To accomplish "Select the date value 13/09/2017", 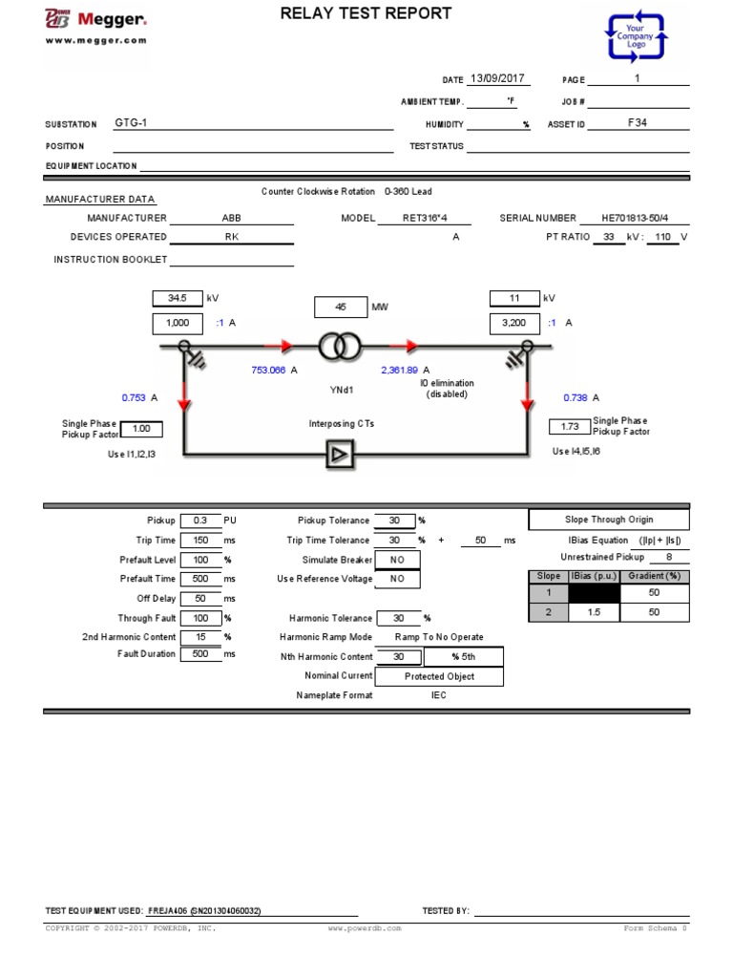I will [x=499, y=79].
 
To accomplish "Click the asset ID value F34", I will [x=637, y=123].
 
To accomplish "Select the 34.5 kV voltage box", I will [x=178, y=298].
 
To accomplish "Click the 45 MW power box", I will [x=340, y=308].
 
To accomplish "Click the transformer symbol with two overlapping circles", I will [x=339, y=348].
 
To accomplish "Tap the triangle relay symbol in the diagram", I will [x=339, y=455].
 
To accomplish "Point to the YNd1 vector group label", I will [x=341, y=390].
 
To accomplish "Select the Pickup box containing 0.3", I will [x=199, y=521].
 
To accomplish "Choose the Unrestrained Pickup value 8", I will [x=668, y=557].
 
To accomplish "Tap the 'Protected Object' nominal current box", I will [x=439, y=676].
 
